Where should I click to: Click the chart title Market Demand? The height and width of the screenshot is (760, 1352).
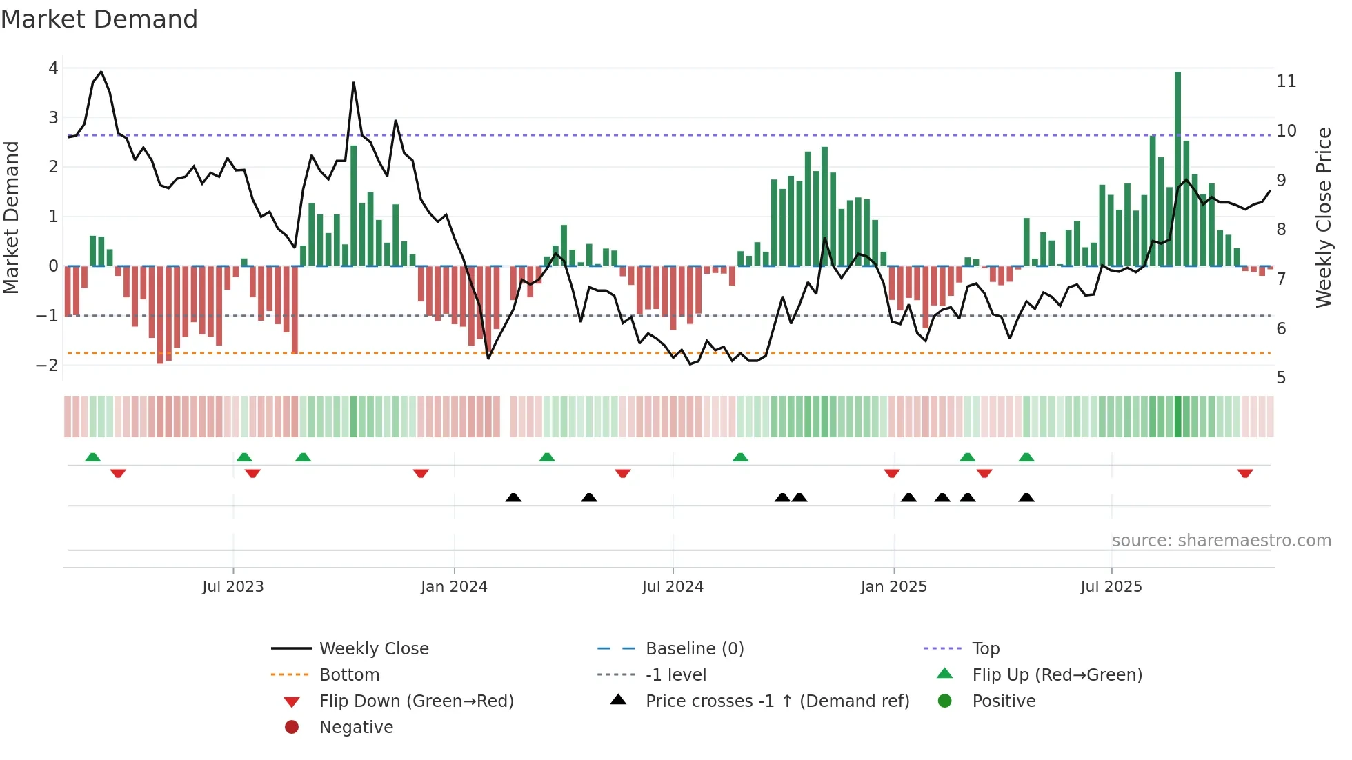(x=99, y=19)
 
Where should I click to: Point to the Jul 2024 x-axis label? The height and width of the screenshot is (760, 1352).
(x=673, y=587)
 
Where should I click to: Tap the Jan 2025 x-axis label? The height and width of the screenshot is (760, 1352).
(x=893, y=587)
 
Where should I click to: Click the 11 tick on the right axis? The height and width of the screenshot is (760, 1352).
(x=1286, y=81)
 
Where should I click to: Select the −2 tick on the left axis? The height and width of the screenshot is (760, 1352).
(x=48, y=365)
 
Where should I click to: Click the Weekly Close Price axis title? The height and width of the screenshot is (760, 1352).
(x=1323, y=217)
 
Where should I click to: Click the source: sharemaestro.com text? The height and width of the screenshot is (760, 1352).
(x=1221, y=541)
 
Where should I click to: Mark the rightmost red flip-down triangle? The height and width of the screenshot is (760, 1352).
(x=1244, y=473)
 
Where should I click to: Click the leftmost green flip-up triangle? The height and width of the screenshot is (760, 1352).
(x=92, y=457)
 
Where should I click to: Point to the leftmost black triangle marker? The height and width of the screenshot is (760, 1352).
(x=513, y=497)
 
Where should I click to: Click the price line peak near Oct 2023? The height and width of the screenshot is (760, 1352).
(x=353, y=83)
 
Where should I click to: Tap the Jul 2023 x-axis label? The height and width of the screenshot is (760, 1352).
(x=232, y=587)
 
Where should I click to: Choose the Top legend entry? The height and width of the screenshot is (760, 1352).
(x=985, y=649)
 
